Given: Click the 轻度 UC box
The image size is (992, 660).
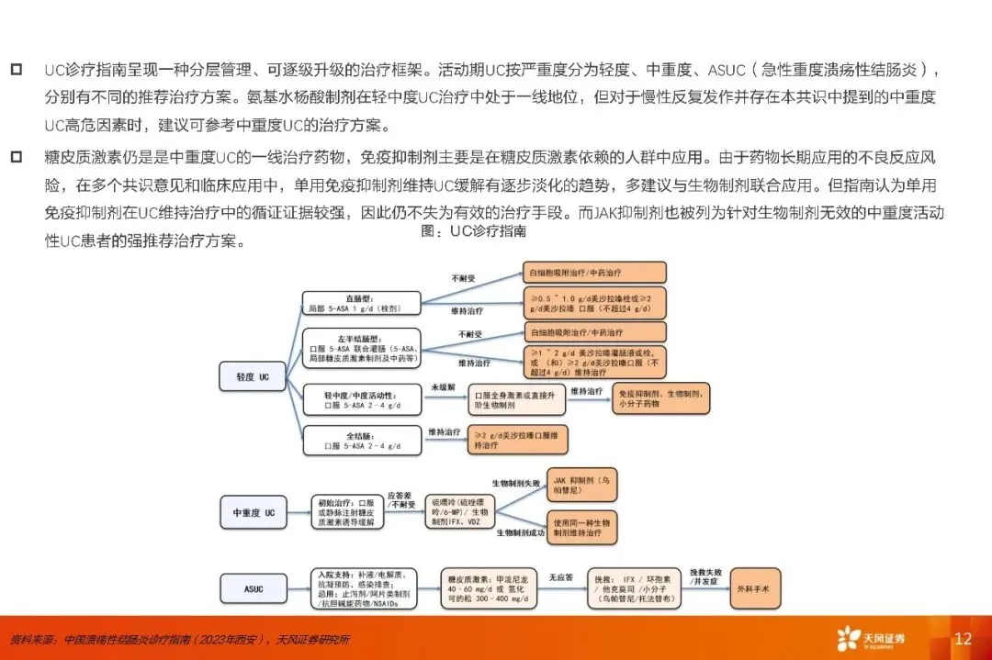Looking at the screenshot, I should (251, 376).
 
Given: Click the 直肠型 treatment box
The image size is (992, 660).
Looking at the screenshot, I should (361, 304).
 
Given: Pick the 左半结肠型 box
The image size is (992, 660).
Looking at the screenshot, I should (361, 350).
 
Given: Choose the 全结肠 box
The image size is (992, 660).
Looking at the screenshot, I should (361, 440).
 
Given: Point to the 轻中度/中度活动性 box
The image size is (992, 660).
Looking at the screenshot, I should (361, 399).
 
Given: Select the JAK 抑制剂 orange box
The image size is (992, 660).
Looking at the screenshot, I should (582, 487).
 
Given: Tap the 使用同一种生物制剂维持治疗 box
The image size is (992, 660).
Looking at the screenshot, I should (582, 527).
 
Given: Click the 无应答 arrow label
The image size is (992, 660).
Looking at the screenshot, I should (561, 577).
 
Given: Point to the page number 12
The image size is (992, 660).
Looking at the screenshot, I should (963, 639).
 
